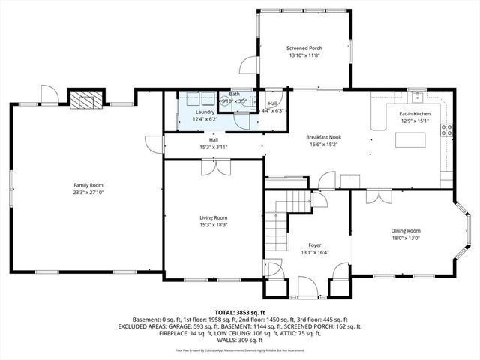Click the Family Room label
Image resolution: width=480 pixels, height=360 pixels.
(x=88, y=185)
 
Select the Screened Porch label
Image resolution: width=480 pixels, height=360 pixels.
(x=304, y=49)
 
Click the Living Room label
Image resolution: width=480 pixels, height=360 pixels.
(x=212, y=216)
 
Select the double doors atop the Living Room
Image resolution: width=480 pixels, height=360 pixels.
(x=213, y=169)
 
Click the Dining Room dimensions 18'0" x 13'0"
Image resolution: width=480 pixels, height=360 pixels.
(x=405, y=238)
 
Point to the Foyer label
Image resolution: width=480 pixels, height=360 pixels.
(x=315, y=245)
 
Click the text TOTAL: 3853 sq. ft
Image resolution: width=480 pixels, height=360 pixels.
(x=239, y=311)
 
